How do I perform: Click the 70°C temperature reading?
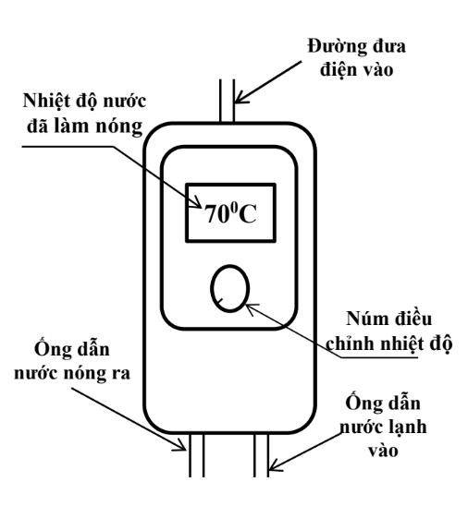tap(230, 213)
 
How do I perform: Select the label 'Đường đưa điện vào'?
tap(356, 58)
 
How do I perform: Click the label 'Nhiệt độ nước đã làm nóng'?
tap(84, 113)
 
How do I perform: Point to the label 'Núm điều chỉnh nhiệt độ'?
tap(388, 331)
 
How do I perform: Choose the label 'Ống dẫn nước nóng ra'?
tap(72, 361)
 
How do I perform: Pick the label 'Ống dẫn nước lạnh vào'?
tap(383, 427)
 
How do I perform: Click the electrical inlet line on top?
tap(228, 101)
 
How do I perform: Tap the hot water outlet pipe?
tap(196, 455)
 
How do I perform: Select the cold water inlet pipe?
tap(261, 455)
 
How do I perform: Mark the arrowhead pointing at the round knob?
tap(251, 307)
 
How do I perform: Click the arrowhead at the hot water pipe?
tap(182, 446)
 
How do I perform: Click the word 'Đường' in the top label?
tap(337, 47)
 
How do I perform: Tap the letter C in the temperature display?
tap(248, 214)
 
